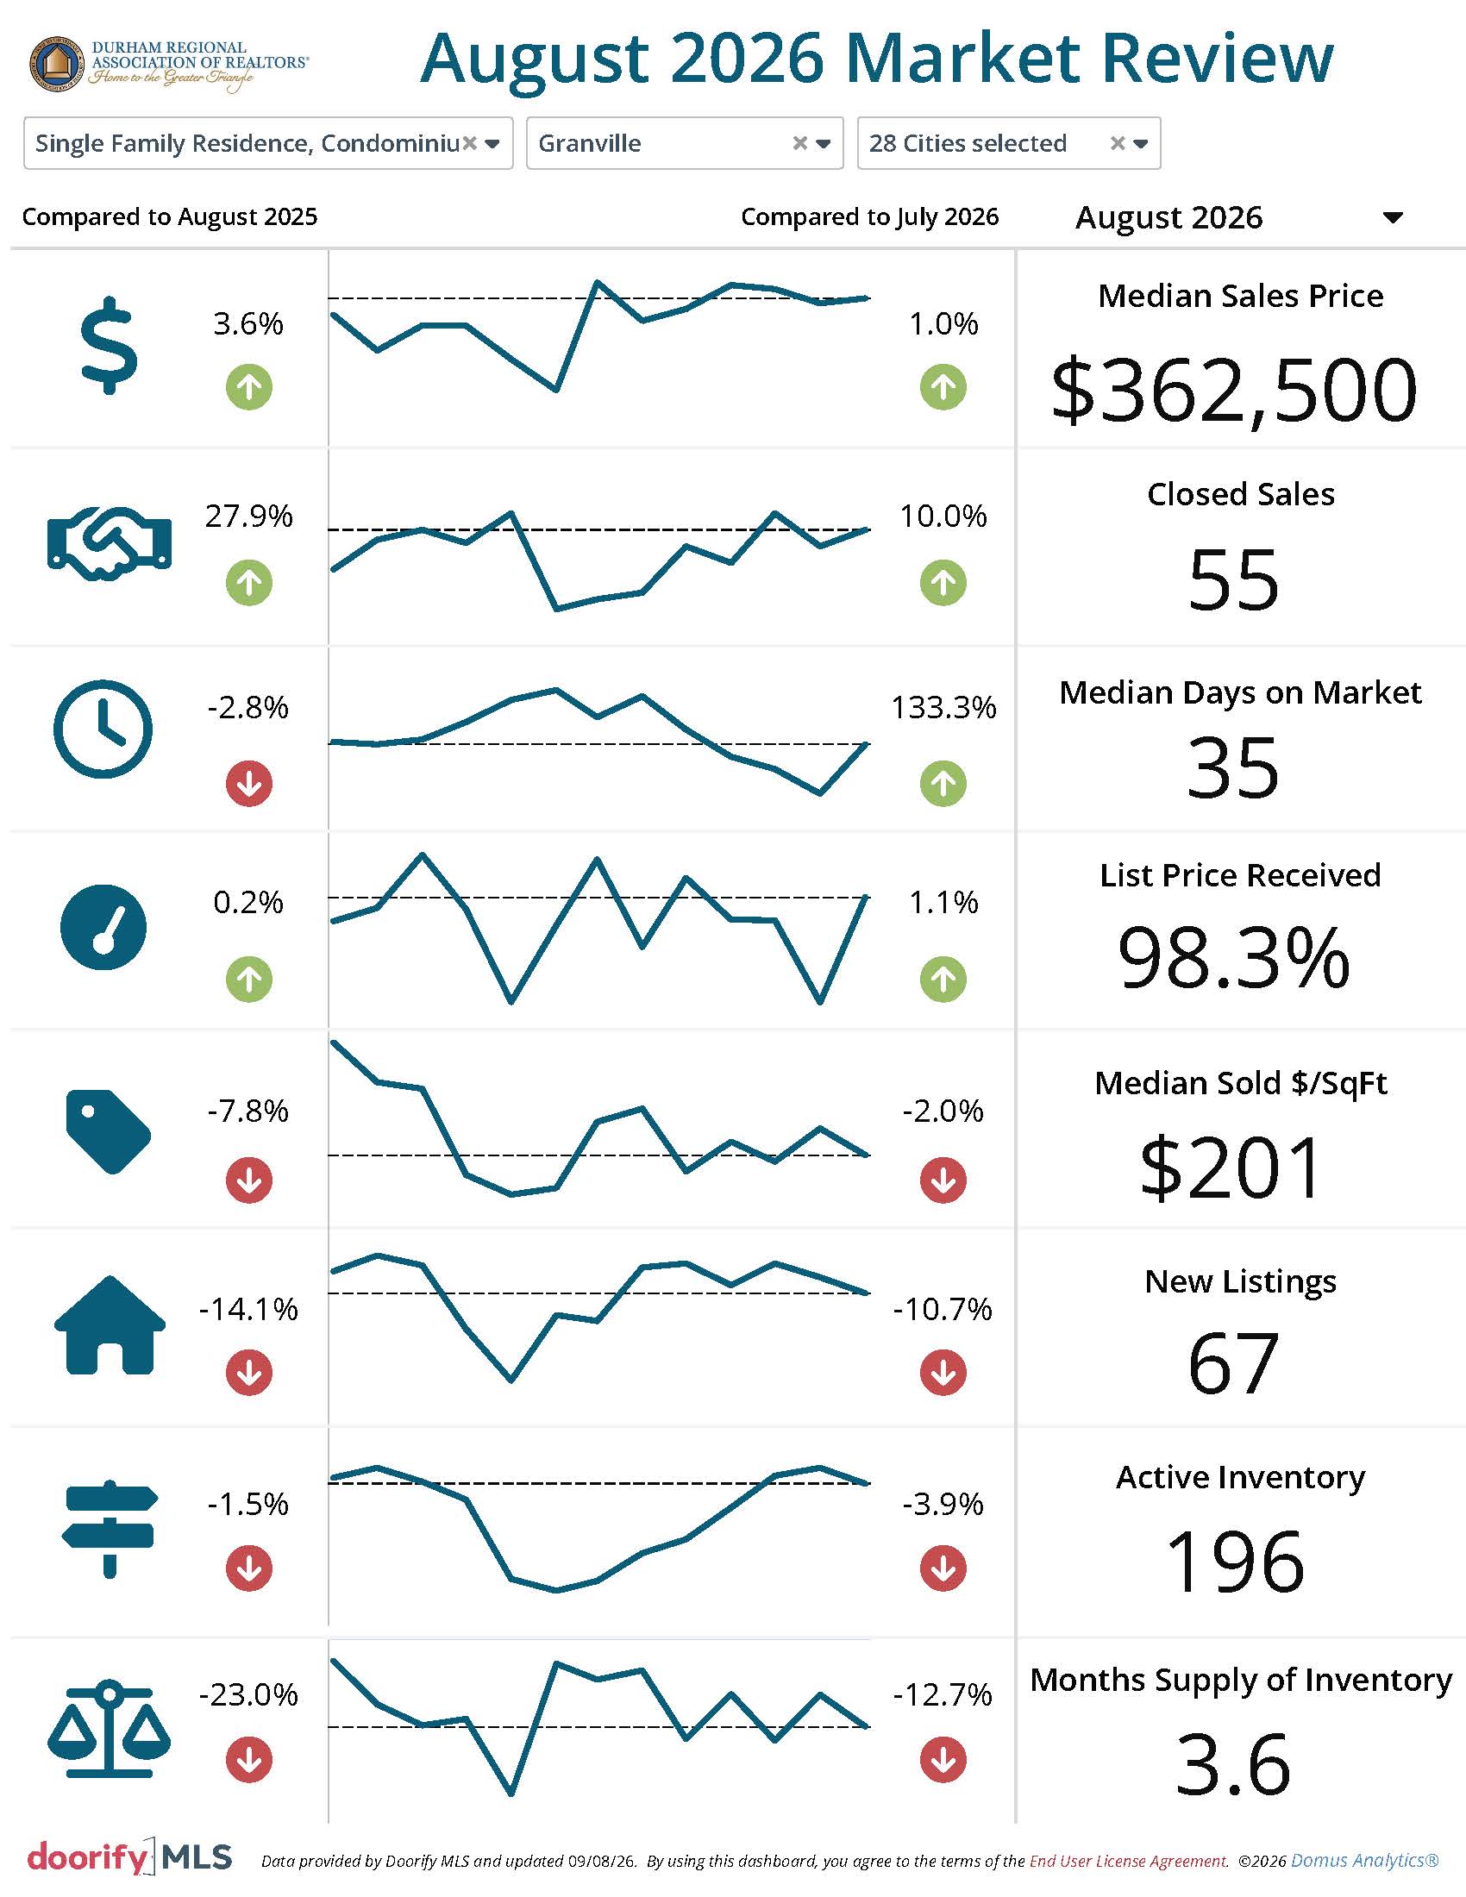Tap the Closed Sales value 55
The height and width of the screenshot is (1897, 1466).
1233,579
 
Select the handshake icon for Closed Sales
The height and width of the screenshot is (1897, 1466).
110,543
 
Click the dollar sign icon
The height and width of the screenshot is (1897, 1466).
109,346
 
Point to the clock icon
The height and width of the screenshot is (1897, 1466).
103,729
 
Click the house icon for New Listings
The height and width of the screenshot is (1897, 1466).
110,1324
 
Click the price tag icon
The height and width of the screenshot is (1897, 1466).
109,1132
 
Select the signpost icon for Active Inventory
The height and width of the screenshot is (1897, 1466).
110,1529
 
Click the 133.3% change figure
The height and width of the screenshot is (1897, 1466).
943,707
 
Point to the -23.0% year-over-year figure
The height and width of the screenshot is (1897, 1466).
248,1694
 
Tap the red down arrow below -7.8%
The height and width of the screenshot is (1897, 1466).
249,1180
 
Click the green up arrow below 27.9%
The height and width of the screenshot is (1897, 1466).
249,583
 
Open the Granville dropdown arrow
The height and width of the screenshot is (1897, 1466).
824,144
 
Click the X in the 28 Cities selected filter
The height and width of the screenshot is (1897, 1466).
1118,143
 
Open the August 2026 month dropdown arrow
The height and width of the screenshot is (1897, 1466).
1393,217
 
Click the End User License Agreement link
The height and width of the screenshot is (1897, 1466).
1129,1861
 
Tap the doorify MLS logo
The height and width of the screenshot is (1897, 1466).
129,1857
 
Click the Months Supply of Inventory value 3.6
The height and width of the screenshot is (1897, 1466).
1233,1764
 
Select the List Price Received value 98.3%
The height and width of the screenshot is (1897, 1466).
1233,958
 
